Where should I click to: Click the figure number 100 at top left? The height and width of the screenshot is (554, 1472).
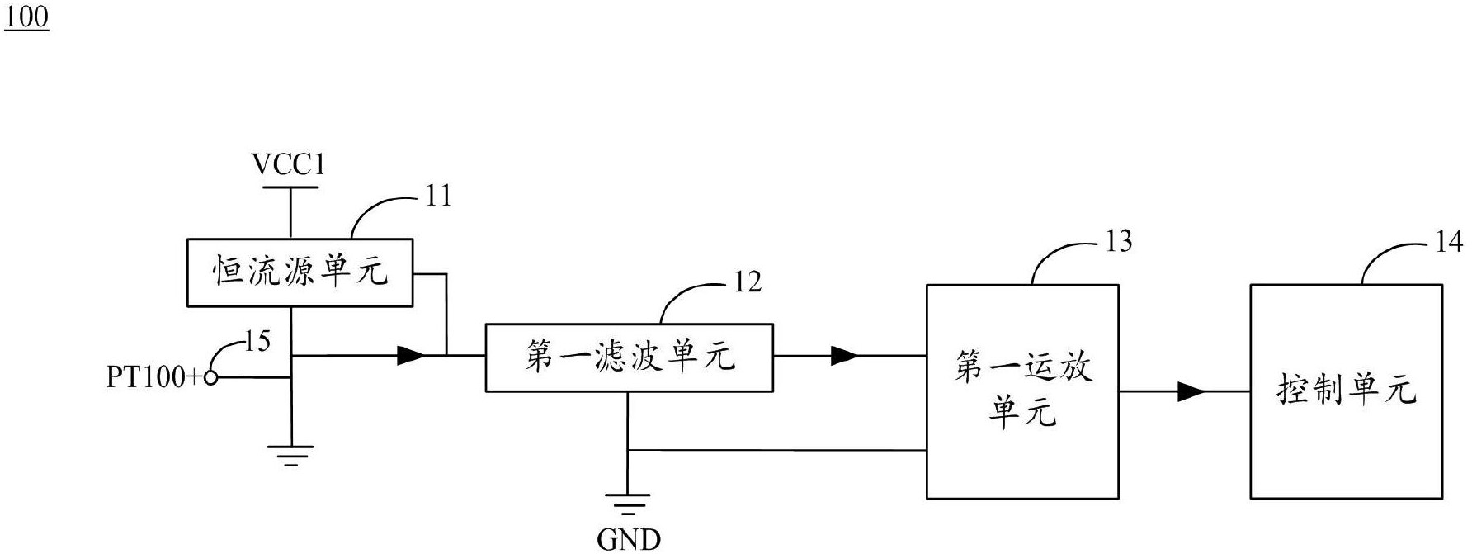point(26,17)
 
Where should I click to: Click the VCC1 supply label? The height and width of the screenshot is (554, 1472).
point(289,166)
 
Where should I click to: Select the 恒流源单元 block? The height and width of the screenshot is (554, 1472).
point(300,272)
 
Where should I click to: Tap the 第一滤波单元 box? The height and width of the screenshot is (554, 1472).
point(629,357)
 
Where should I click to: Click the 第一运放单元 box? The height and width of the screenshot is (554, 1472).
point(1022,391)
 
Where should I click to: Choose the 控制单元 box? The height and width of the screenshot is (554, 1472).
point(1346,391)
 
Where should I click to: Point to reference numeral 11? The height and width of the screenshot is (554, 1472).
point(438,197)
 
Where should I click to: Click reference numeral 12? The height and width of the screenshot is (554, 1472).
point(748,282)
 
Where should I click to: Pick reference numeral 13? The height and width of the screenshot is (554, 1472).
point(1118,242)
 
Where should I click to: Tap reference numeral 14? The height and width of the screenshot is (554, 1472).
point(1449,242)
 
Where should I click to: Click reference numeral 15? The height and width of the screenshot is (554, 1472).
point(257,341)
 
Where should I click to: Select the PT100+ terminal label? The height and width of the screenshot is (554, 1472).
point(154,378)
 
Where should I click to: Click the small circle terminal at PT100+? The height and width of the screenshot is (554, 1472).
point(211,378)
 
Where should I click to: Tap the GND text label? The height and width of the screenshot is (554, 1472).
point(629,539)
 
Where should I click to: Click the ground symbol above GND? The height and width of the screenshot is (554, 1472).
point(627,503)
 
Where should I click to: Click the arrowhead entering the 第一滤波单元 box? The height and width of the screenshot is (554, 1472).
point(410,356)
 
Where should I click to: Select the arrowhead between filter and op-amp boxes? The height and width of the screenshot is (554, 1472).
point(843,356)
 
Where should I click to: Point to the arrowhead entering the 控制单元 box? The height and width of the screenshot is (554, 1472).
point(1191,391)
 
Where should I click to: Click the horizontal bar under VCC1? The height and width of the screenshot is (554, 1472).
point(290,187)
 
